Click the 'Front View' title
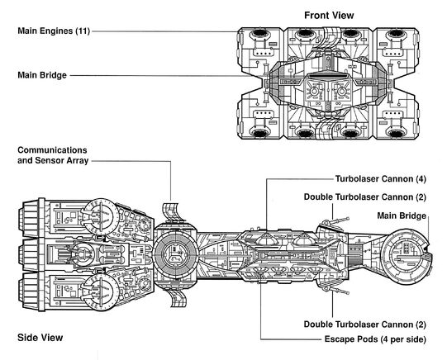tap(329, 16)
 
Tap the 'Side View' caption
tap(40, 338)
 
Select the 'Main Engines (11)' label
tap(54, 31)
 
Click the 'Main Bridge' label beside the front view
tap(42, 75)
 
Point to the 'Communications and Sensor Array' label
tap(53, 155)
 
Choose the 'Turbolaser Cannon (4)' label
tap(381, 179)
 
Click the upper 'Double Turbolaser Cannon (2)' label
tap(365, 197)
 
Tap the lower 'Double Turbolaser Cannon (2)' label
tap(365, 324)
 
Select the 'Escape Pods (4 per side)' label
tap(375, 339)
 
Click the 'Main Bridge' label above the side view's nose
tap(402, 216)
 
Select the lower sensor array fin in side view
tap(176, 298)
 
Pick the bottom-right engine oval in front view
tap(396, 133)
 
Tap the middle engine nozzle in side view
tap(28, 254)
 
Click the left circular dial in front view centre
tap(314, 91)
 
